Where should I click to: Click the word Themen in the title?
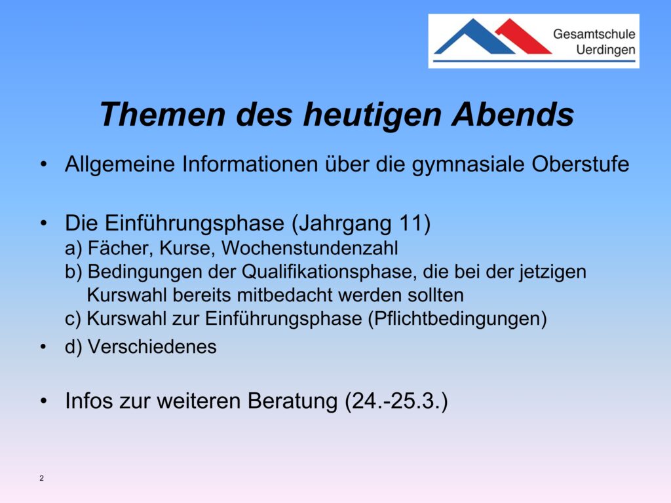tap(163, 115)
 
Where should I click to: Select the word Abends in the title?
tap(512, 115)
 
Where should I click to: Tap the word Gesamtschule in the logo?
tap(594, 34)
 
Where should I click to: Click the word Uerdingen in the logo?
tap(605, 50)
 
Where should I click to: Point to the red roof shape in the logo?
tap(524, 36)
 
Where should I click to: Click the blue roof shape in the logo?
tap(474, 37)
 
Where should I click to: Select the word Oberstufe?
tap(581, 164)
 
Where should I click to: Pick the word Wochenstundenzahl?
tap(310, 248)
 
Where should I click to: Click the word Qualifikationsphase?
tap(329, 272)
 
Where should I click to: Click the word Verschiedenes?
tap(152, 346)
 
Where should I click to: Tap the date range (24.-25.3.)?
tap(396, 401)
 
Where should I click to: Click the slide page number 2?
tap(41, 478)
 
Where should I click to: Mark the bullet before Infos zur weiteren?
tap(43, 401)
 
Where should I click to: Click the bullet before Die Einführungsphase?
tap(43, 223)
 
